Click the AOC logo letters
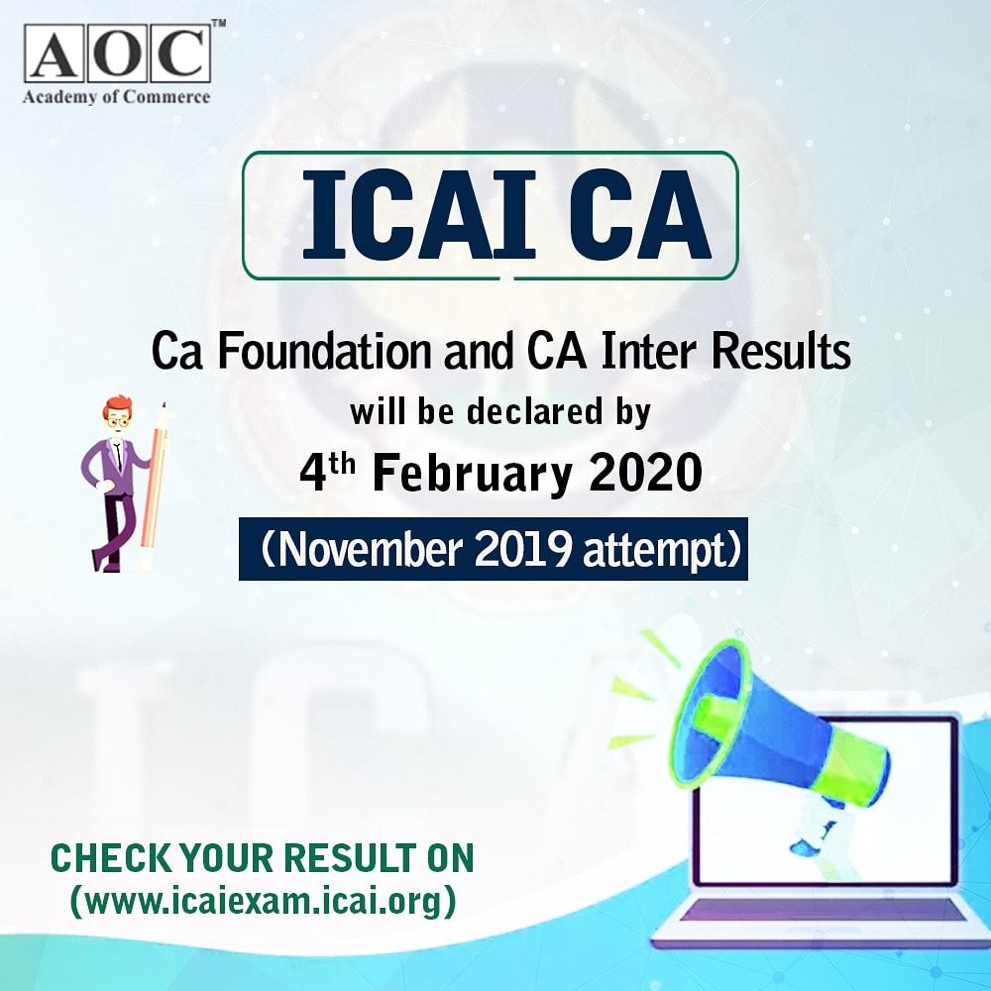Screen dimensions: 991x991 tap(118, 54)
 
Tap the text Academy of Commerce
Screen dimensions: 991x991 tap(116, 97)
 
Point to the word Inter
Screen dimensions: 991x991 tap(651, 352)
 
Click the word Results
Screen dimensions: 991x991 tap(781, 352)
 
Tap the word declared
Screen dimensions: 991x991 tap(535, 412)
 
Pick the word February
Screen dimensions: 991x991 tap(473, 474)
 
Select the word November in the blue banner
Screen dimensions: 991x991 tap(371, 549)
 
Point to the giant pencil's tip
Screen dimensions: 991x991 tap(165, 404)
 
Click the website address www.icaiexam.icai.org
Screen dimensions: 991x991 tap(263, 901)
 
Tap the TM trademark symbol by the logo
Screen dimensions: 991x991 tap(218, 23)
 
